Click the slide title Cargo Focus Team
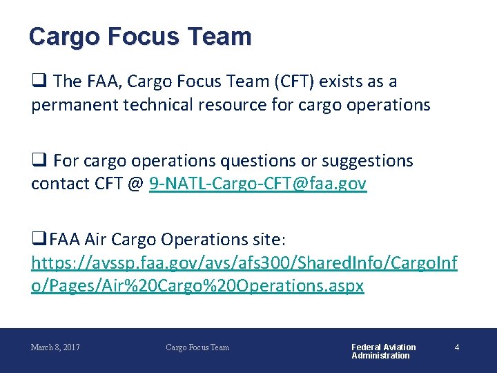[140, 36]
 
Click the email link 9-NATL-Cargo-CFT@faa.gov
[257, 184]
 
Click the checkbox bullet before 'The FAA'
[39, 82]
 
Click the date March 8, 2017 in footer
[55, 347]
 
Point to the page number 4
[456, 347]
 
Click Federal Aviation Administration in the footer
[384, 351]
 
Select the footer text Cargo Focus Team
[197, 347]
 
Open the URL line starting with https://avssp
[244, 262]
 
